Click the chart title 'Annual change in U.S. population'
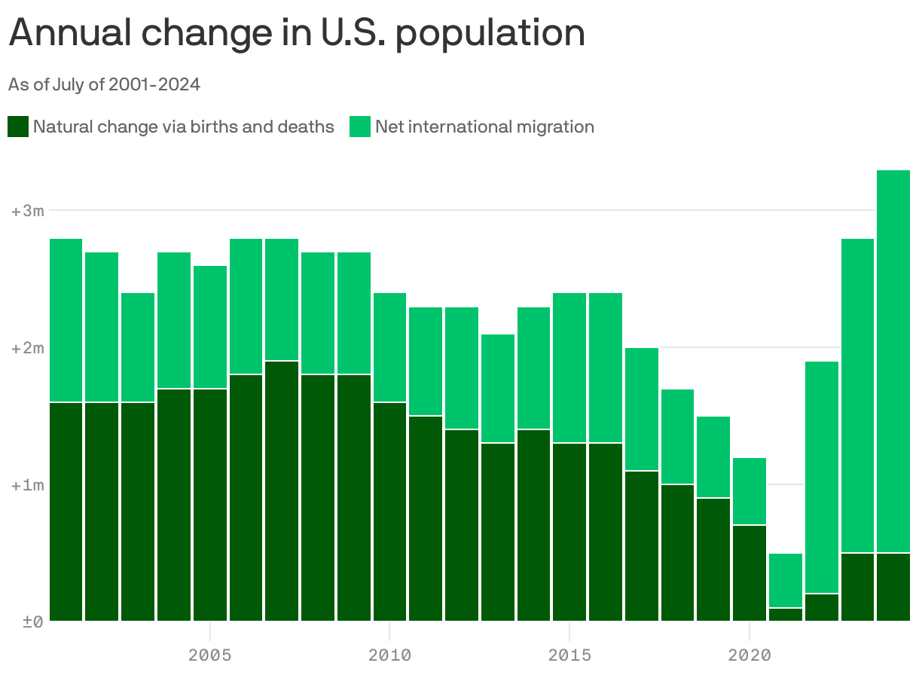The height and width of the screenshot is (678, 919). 297,33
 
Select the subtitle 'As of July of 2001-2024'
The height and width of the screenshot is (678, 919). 104,84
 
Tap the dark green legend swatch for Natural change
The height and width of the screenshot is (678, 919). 18,127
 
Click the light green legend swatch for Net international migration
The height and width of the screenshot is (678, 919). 360,127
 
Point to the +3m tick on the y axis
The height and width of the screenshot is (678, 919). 28,211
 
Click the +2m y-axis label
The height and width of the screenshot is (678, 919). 28,348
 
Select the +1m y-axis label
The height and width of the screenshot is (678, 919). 28,485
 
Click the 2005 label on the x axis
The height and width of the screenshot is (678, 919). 209,655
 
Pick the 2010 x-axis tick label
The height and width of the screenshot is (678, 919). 389,655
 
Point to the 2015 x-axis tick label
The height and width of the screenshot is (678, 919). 569,655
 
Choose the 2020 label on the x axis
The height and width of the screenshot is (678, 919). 750,655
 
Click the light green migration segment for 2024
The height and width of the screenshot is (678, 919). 893,362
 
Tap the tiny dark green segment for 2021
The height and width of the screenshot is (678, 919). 786,615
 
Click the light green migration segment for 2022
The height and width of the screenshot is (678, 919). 822,478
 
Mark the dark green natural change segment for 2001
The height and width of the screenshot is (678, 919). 66,512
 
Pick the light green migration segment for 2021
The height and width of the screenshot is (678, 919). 786,580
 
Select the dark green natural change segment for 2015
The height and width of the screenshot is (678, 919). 569,532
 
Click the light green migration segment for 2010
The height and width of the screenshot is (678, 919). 389,347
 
